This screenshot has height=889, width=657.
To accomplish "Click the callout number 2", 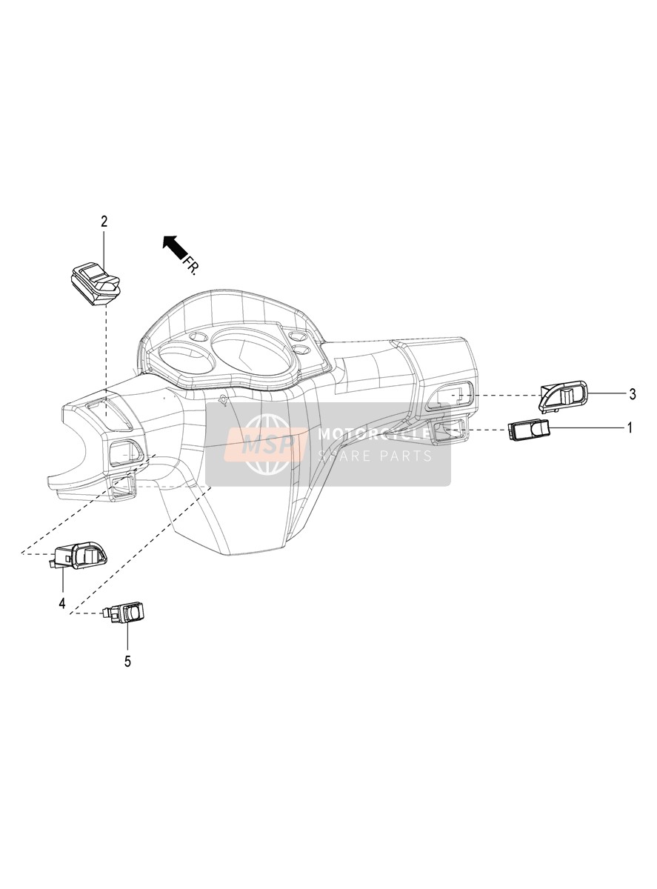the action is coord(104,222).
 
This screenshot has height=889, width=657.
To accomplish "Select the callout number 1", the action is coord(630,427).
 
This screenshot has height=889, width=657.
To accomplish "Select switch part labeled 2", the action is coord(96,283).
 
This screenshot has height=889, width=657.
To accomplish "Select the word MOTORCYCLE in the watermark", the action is coord(373,434).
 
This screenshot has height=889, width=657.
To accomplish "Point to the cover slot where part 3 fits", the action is coord(455,396).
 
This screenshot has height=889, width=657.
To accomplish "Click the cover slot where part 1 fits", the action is coord(448,429).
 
